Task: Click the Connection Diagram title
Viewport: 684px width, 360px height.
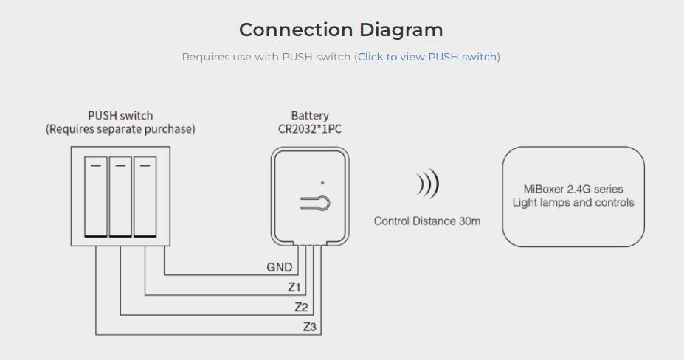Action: [x=341, y=30]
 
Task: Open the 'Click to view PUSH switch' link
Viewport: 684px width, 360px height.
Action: [x=427, y=57]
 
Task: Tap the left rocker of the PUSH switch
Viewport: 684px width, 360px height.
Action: [x=96, y=196]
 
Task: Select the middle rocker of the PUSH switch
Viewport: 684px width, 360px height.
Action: [x=120, y=196]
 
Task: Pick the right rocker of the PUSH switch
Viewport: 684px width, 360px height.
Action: [x=145, y=196]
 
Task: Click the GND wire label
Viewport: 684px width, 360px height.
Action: [x=279, y=268]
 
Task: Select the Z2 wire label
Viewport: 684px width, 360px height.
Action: [x=301, y=307]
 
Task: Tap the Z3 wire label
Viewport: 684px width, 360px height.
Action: [x=310, y=327]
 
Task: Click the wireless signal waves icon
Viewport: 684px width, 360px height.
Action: [x=427, y=184]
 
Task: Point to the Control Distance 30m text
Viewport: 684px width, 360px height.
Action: [x=427, y=221]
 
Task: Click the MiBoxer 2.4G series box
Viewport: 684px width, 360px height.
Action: [x=573, y=196]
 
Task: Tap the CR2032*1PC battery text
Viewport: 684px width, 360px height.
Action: [x=310, y=129]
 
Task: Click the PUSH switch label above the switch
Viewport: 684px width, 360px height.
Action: [x=120, y=115]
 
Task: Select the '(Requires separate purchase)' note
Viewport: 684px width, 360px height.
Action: [x=120, y=129]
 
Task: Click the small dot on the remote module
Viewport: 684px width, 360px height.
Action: [x=322, y=182]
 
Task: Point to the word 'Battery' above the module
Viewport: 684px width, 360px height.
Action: [x=310, y=115]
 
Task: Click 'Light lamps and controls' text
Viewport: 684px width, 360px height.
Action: [x=573, y=203]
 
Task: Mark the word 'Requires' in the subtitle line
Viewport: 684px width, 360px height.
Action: [x=204, y=57]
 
